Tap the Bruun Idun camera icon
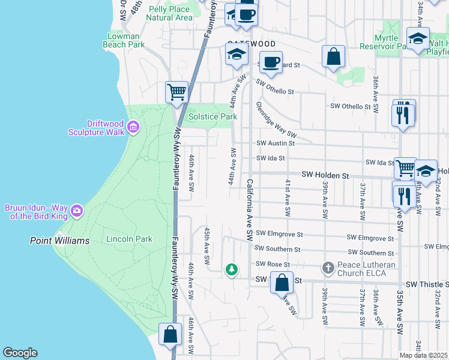point(76,211)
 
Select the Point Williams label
point(60,241)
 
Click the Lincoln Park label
point(129,239)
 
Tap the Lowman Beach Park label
point(124,40)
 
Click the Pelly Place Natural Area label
point(169,13)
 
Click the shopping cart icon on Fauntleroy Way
point(176,92)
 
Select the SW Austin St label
point(276,143)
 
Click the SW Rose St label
point(273,264)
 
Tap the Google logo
point(20,353)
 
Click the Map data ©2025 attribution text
point(424,355)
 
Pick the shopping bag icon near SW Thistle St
point(282,282)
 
